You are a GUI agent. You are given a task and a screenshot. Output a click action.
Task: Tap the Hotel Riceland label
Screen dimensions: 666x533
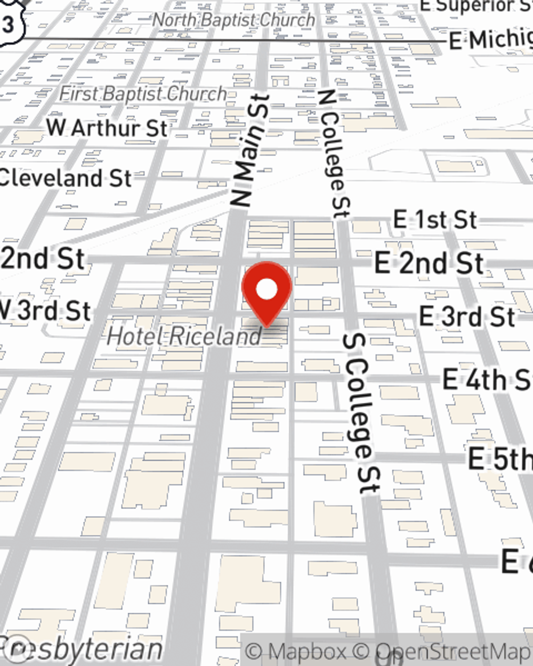pyautogui.click(x=184, y=336)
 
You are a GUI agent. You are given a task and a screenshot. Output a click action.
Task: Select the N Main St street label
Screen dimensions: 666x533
pyautogui.click(x=249, y=151)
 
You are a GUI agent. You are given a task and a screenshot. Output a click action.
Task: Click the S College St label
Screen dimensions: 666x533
pyautogui.click(x=363, y=413)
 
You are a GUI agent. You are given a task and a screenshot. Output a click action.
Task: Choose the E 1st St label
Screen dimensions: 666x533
pyautogui.click(x=435, y=220)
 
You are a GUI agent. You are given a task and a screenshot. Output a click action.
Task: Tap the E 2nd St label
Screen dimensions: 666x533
pyautogui.click(x=429, y=263)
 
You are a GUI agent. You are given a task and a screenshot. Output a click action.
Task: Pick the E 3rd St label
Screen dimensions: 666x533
pyautogui.click(x=467, y=316)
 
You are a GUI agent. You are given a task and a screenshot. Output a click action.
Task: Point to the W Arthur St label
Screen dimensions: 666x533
pyautogui.click(x=107, y=128)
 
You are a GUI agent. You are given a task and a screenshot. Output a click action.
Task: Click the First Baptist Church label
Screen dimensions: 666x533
pyautogui.click(x=143, y=94)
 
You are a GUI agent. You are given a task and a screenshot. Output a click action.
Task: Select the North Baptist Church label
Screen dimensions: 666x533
pyautogui.click(x=233, y=20)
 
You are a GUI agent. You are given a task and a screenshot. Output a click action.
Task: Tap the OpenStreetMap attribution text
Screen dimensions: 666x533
pyautogui.click(x=453, y=651)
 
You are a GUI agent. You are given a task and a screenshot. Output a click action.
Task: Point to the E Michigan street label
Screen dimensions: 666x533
pyautogui.click(x=490, y=39)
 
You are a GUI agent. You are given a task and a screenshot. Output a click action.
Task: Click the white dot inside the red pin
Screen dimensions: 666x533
pyautogui.click(x=266, y=290)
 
